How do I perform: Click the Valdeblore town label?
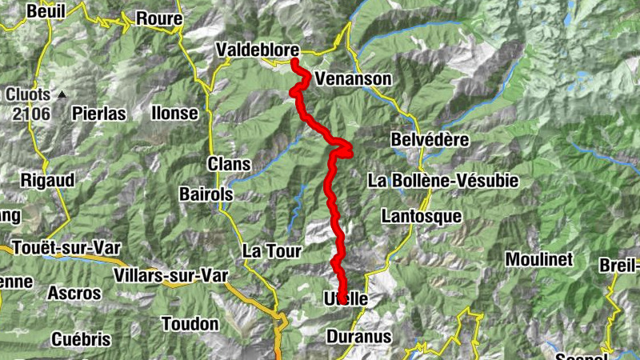(257, 50)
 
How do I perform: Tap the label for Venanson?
(353, 79)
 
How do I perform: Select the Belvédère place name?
(430, 139)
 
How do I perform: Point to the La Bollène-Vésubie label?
(443, 181)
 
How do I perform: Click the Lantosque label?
(422, 216)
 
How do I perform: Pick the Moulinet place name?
(539, 259)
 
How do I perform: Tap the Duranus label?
(359, 337)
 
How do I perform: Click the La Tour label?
(271, 251)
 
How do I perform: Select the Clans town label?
(230, 164)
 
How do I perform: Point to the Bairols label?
(206, 194)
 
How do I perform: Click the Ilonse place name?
(174, 114)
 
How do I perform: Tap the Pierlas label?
(98, 114)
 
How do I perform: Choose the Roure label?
(159, 18)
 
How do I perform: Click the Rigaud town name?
(47, 180)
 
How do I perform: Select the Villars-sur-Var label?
(171, 276)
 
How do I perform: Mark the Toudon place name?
(190, 324)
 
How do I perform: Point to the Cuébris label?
(80, 339)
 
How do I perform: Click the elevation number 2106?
(31, 114)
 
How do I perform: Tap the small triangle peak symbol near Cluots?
(62, 94)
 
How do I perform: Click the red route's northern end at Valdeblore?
(294, 61)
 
